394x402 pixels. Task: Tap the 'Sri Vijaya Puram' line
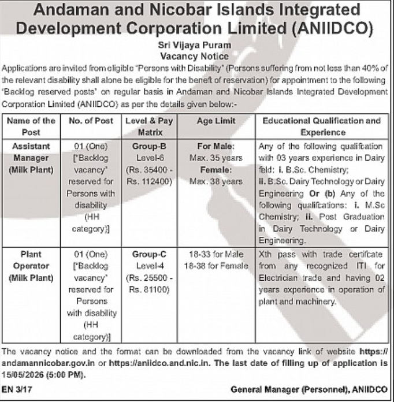[197, 45]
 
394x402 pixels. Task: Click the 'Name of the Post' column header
[33, 126]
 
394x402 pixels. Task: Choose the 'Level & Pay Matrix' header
[148, 126]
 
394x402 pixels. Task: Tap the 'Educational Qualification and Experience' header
[322, 126]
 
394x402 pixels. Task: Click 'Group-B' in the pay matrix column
[149, 147]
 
